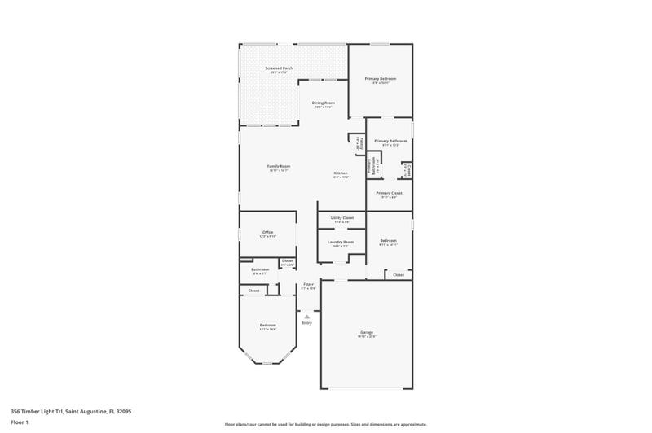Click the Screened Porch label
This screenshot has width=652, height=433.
[x=280, y=68]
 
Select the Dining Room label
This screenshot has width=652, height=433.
[x=324, y=103]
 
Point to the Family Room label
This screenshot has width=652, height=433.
[x=280, y=166]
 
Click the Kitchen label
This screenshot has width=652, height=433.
[x=341, y=173]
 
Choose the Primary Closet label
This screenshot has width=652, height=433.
[x=389, y=193]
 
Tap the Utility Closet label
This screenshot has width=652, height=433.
[x=341, y=217]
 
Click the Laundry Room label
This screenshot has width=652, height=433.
[x=341, y=241]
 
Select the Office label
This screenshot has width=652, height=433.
[x=267, y=232]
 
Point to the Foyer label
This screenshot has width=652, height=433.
[x=308, y=285]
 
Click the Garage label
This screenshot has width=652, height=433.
[x=367, y=332]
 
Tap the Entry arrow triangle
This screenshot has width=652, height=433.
[x=307, y=317]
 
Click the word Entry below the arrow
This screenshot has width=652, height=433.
[x=307, y=323]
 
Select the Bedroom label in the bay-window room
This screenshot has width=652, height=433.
[x=267, y=325]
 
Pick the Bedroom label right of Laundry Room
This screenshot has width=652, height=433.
[x=388, y=240]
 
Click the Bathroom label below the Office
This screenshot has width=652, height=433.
[x=260, y=269]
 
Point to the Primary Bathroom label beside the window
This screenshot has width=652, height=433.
[x=390, y=141]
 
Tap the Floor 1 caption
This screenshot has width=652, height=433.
[x=20, y=422]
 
